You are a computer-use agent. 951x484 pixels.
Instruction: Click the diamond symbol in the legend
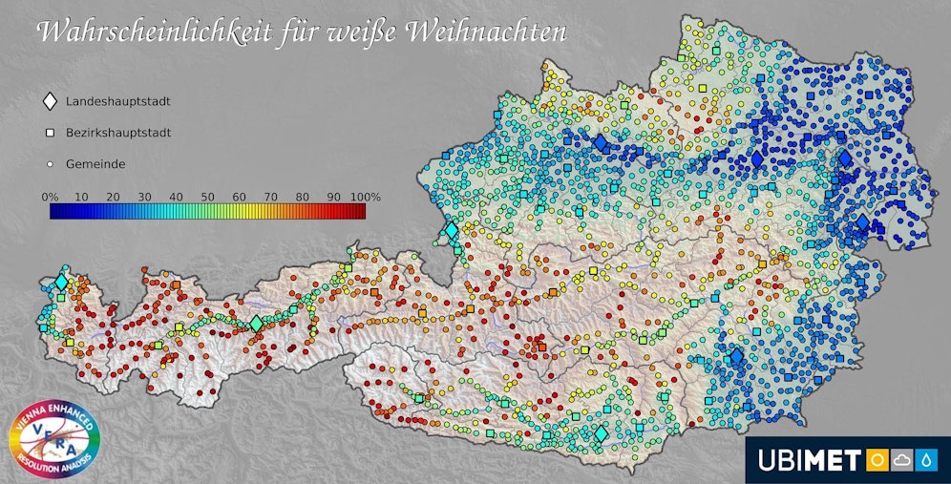(x=50, y=101)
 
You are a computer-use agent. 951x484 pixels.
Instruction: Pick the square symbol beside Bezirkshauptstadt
(x=50, y=133)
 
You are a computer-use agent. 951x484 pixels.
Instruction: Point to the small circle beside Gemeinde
(x=50, y=164)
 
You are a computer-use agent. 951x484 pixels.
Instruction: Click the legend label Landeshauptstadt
(x=118, y=101)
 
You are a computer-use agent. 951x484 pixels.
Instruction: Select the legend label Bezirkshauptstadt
(x=118, y=133)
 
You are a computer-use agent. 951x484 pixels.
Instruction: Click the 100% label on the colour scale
(x=365, y=196)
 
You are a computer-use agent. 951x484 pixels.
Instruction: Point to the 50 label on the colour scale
(x=207, y=196)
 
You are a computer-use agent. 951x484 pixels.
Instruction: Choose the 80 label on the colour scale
(x=302, y=196)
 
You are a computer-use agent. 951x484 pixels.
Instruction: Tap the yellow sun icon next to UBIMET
(x=876, y=461)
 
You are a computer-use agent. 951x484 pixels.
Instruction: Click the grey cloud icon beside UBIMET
(x=901, y=461)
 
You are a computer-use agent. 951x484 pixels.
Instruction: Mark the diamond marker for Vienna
(x=845, y=159)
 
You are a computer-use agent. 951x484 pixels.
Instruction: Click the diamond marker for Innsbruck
(x=256, y=324)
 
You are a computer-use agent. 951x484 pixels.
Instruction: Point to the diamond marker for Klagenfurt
(x=601, y=434)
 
